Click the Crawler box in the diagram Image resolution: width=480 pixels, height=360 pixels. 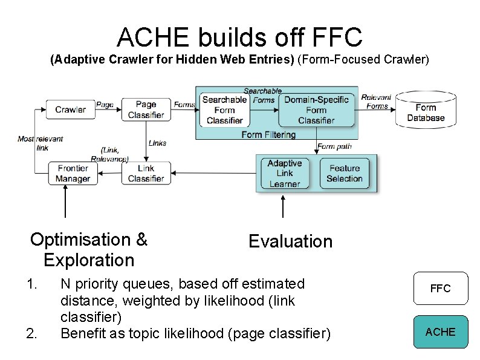[x=71, y=110]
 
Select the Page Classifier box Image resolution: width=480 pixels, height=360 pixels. [x=146, y=110]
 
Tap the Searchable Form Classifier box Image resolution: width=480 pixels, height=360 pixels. [x=224, y=110]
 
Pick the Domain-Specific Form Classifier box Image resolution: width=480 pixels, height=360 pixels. [x=316, y=110]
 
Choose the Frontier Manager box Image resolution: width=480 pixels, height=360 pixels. [x=73, y=173]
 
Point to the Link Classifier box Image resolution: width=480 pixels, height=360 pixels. [x=146, y=173]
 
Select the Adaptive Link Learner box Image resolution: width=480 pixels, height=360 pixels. [x=284, y=173]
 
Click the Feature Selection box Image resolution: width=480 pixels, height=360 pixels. [x=344, y=173]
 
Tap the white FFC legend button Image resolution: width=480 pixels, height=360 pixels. [x=440, y=289]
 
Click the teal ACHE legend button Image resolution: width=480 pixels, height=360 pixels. [x=440, y=332]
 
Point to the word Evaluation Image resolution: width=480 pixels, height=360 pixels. [x=290, y=241]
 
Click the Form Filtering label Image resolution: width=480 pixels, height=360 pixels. [x=268, y=134]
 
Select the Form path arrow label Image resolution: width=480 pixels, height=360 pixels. [x=334, y=146]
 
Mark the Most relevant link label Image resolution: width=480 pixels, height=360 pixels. [x=41, y=143]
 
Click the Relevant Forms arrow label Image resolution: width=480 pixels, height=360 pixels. [x=377, y=102]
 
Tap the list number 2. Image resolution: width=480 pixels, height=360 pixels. [x=31, y=333]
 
